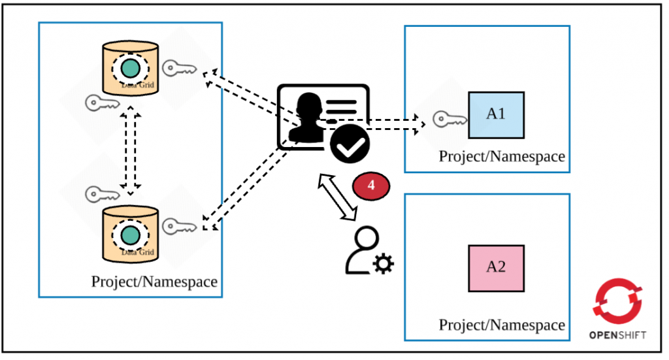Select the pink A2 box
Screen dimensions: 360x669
pos(496,268)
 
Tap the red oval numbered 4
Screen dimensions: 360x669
pos(371,185)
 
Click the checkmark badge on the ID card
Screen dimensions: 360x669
pos(350,144)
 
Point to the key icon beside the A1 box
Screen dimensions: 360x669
pos(449,119)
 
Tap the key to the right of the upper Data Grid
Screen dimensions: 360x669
pos(178,67)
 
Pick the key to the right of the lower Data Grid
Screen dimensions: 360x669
pos(178,226)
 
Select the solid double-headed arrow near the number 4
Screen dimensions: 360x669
pos(339,196)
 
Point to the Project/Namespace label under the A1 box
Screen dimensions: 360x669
pos(501,157)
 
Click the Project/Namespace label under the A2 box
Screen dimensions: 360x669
pos(501,325)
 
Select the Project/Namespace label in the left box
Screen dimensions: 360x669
pos(154,282)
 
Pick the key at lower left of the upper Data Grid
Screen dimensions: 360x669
pos(101,103)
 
